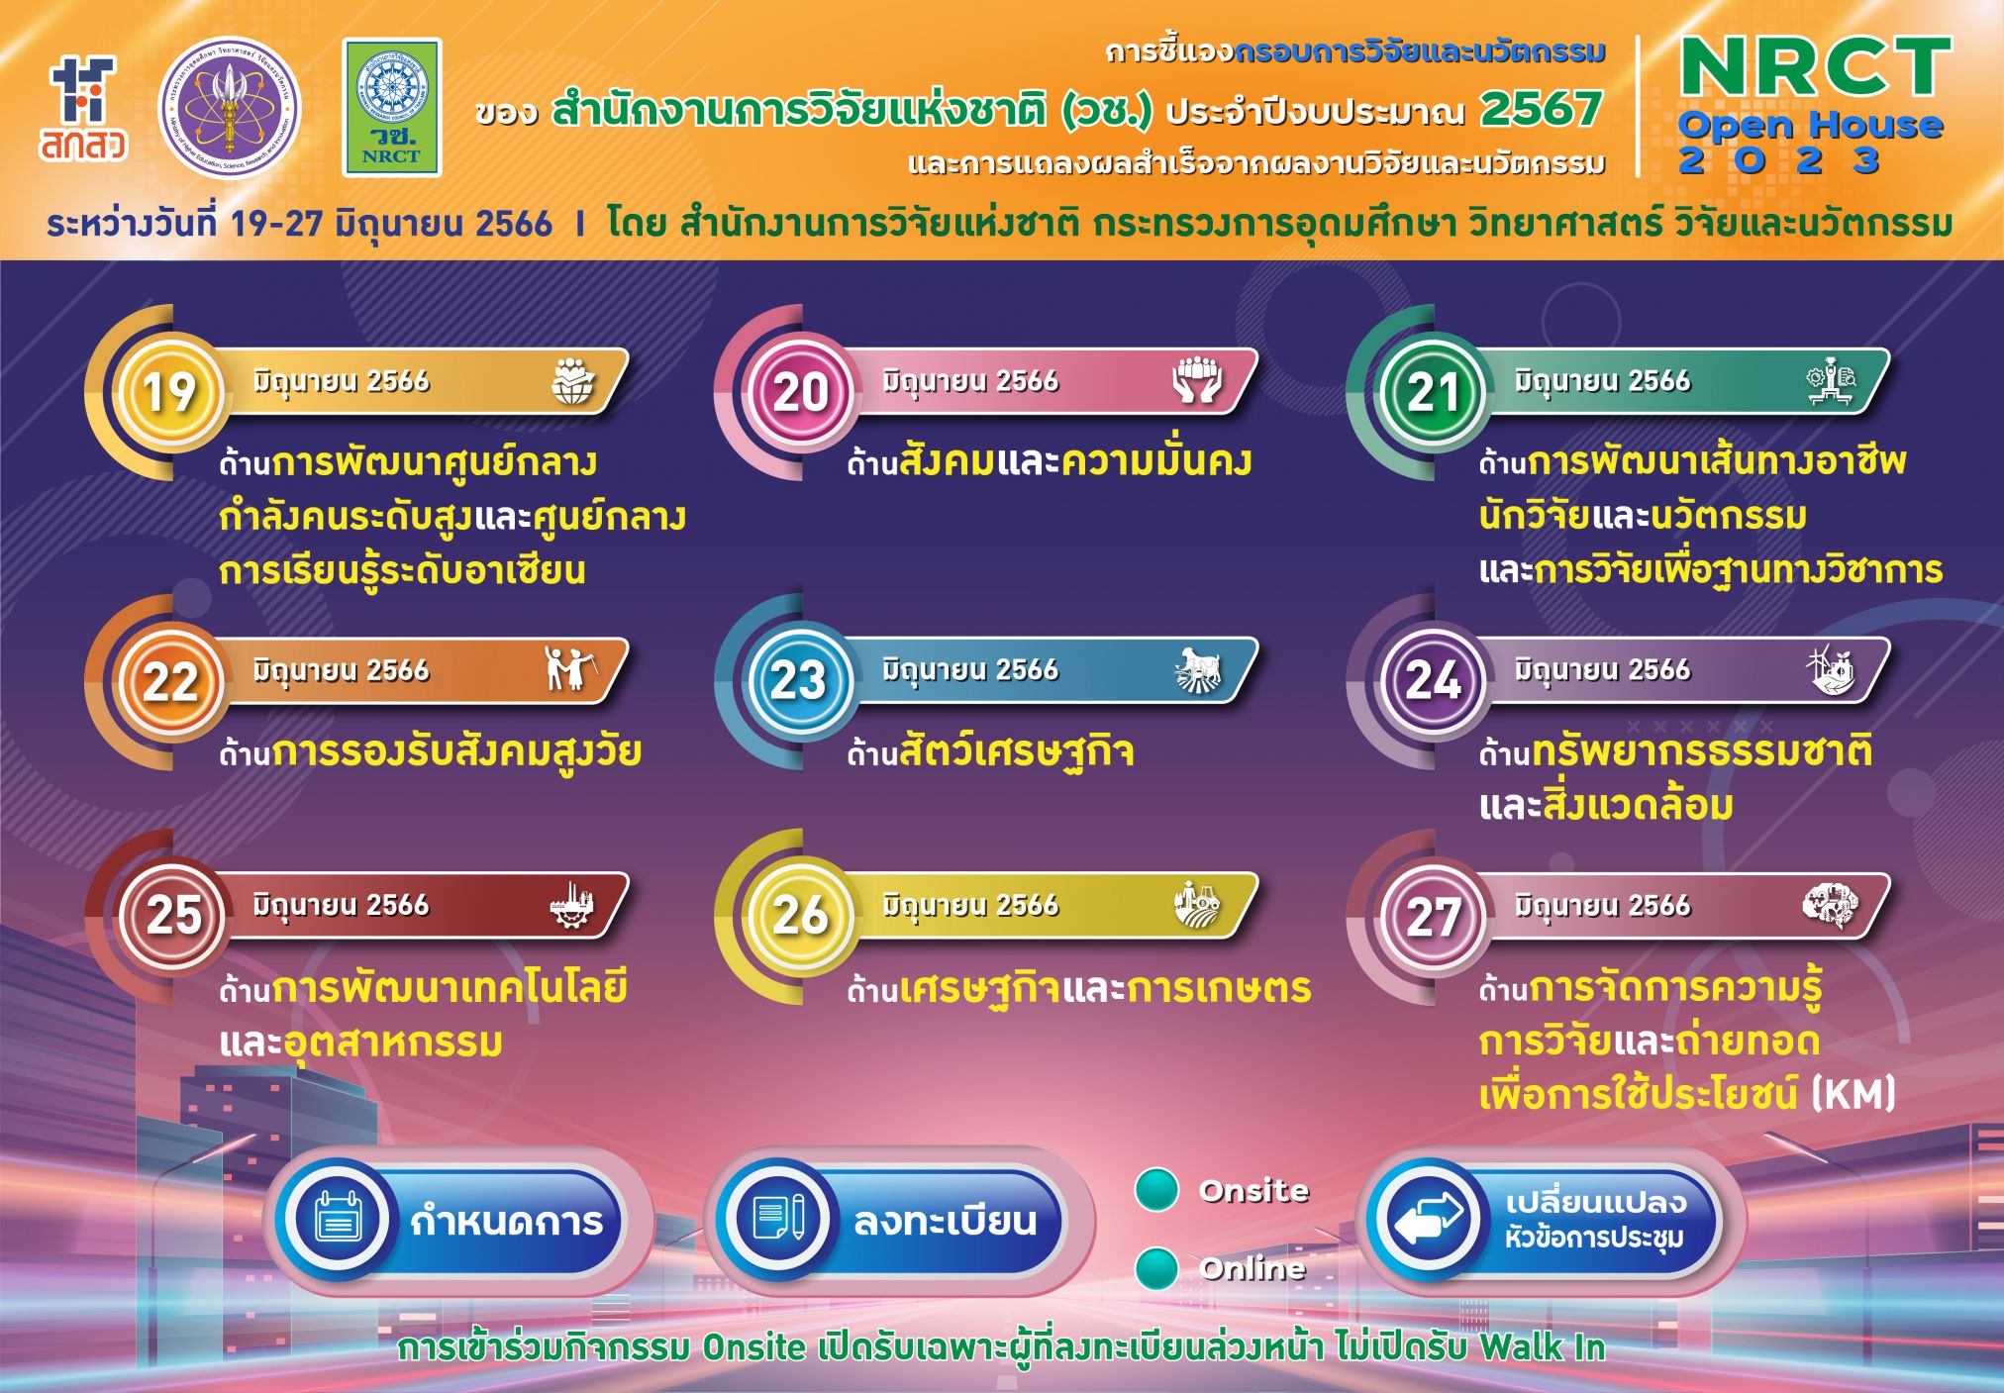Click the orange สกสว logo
click(84, 109)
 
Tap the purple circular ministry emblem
click(230, 109)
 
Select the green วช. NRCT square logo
click(392, 108)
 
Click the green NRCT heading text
click(1816, 67)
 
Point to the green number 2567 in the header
click(1541, 109)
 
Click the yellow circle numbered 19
click(170, 391)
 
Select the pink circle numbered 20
click(800, 391)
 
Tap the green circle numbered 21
click(1432, 391)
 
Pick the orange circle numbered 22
click(170, 681)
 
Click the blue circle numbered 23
click(800, 681)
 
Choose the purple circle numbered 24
click(1432, 681)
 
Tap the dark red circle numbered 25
click(172, 916)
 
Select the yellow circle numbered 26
click(800, 916)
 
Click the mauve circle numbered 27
click(1432, 916)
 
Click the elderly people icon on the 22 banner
click(569, 669)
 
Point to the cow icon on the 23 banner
click(1198, 669)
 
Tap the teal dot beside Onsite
click(1156, 1190)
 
